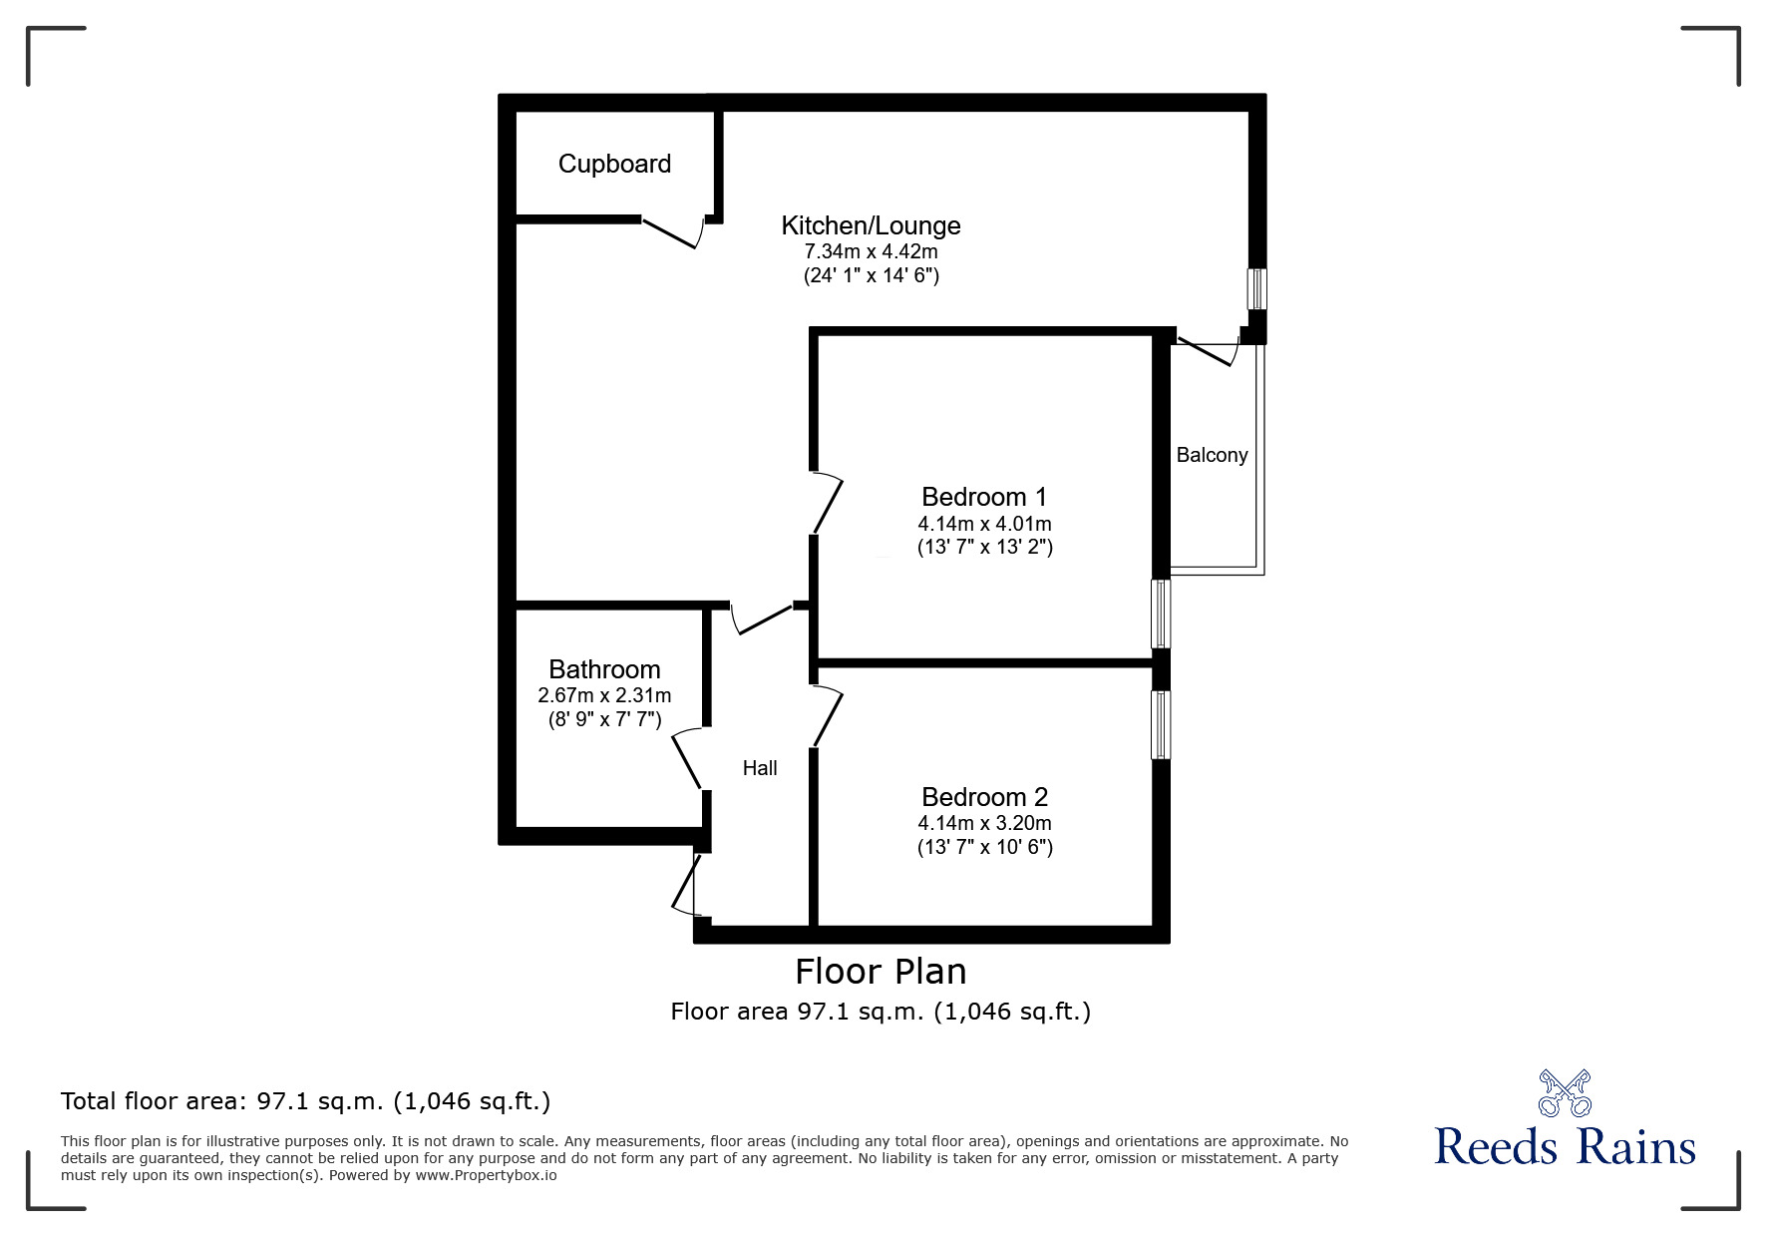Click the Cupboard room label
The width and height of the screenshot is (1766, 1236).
pos(614,165)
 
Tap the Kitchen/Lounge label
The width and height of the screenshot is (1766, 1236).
pos(871,226)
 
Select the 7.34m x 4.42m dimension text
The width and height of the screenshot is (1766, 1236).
pos(871,251)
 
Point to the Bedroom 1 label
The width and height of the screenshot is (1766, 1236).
pos(984,497)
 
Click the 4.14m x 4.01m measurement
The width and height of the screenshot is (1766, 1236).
pos(984,524)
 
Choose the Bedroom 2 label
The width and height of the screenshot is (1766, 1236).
pos(984,797)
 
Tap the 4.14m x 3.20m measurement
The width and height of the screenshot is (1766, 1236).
pos(984,824)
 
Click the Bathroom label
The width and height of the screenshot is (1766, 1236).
pos(604,669)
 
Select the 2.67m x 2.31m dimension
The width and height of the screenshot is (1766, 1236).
pos(604,696)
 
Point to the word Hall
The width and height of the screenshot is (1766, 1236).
pos(760,768)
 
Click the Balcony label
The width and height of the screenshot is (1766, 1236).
pos(1212,456)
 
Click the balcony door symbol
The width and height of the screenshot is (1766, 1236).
pos(1206,353)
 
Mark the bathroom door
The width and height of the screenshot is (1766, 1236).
pos(688,760)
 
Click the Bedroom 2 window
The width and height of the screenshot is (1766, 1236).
pos(1161,724)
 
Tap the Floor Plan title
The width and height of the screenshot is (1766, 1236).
pos(881,972)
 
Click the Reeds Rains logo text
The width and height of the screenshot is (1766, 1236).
pos(1565,1146)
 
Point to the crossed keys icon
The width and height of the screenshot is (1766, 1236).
pos(1565,1092)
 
